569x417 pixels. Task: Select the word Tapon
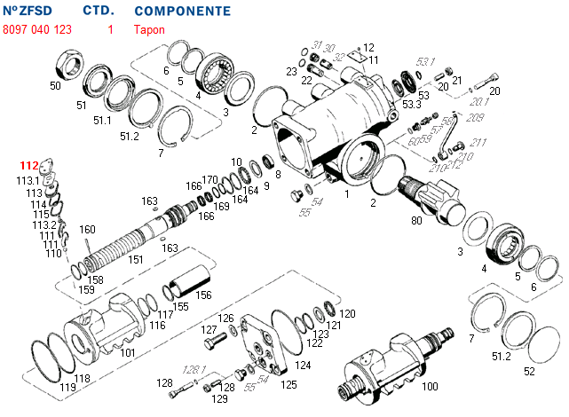149,29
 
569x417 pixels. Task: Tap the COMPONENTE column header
182,12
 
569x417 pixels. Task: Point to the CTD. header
98,12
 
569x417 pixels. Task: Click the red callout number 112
29,166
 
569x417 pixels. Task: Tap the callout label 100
430,387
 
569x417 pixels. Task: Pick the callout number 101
127,352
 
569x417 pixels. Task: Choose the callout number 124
303,365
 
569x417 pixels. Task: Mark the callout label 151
136,260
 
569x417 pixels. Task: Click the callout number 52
529,371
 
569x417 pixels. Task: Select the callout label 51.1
102,120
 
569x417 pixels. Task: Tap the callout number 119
67,388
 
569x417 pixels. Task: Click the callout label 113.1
28,180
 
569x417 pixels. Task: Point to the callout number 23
291,71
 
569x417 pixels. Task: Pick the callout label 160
87,230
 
